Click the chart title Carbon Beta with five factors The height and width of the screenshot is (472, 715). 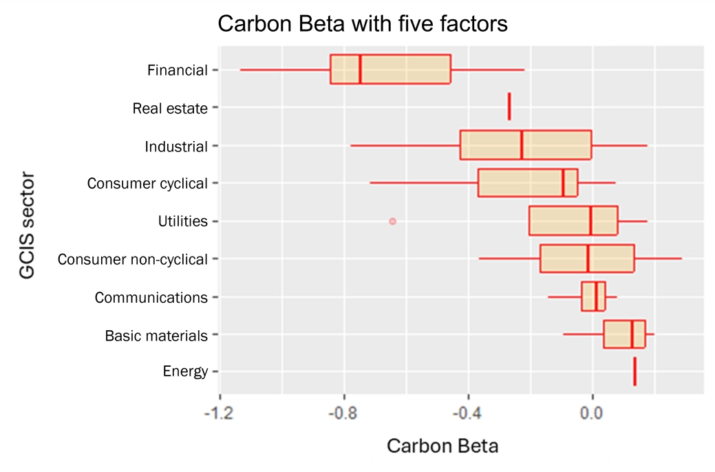pyautogui.click(x=363, y=24)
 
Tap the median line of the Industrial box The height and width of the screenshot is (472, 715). pyautogui.click(x=522, y=144)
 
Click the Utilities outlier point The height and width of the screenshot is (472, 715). pyautogui.click(x=392, y=221)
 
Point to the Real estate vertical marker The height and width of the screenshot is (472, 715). pyautogui.click(x=509, y=107)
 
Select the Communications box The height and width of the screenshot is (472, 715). pyautogui.click(x=593, y=297)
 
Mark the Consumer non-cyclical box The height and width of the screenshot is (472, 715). pyautogui.click(x=587, y=259)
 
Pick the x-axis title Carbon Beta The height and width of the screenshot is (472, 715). pyautogui.click(x=442, y=446)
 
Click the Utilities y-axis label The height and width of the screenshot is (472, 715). pyautogui.click(x=182, y=221)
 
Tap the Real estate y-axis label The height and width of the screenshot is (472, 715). pyautogui.click(x=170, y=107)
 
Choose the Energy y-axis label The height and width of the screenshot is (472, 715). pyautogui.click(x=185, y=372)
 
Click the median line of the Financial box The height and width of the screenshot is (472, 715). pyautogui.click(x=360, y=69)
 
